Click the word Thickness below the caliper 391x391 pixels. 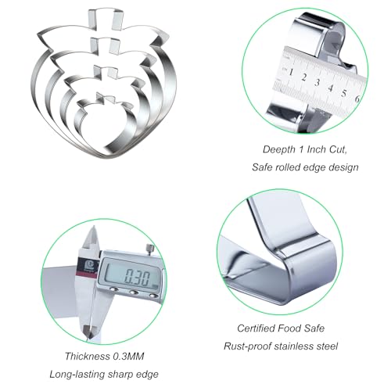(88, 357)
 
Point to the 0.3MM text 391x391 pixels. (128, 357)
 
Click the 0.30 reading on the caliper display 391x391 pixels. (137, 278)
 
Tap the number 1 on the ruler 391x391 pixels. (291, 72)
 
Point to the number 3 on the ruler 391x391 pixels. (317, 83)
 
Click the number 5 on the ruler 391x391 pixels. (344, 93)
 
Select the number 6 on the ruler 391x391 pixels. (357, 99)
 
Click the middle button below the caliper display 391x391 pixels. (134, 292)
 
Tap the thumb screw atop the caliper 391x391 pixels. (150, 249)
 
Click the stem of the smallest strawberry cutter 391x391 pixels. (106, 98)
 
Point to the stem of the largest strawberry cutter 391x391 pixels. (106, 19)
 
